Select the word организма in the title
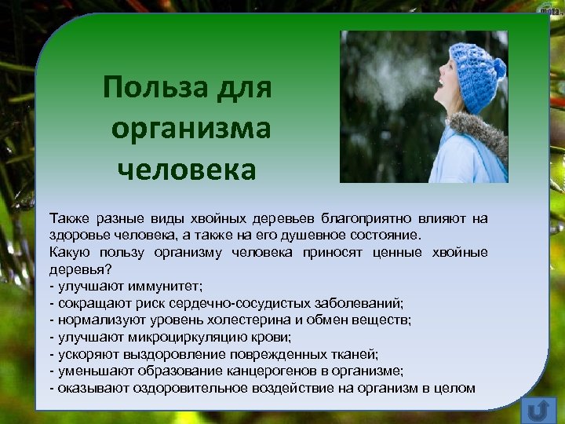tap(191, 126)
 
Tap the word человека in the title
tap(187, 167)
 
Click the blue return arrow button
tap(538, 409)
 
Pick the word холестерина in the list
tap(246, 320)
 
